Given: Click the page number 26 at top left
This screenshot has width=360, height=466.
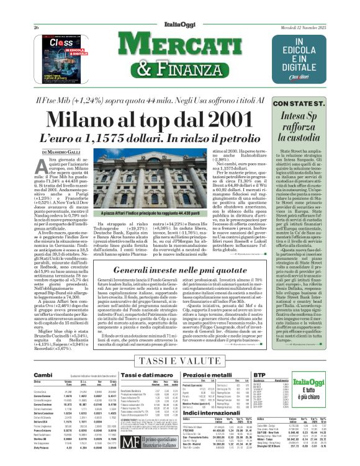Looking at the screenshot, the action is point(36,11).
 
